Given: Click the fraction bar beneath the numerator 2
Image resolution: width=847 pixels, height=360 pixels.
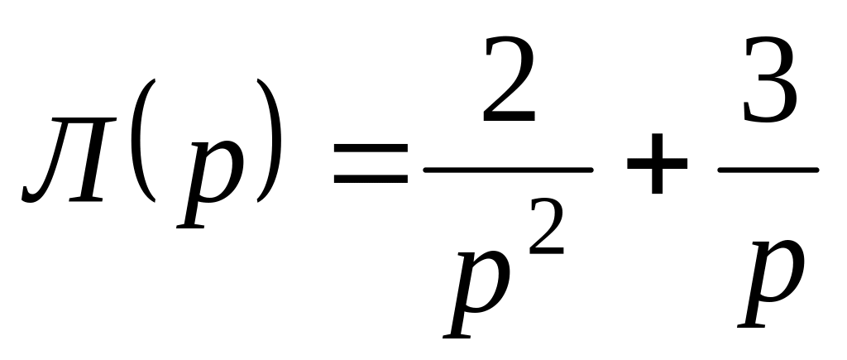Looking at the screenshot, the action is pyautogui.click(x=508, y=170).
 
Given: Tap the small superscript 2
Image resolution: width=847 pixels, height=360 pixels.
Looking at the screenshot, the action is pyautogui.click(x=545, y=236).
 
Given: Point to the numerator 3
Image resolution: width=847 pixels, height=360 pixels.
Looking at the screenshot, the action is pyautogui.click(x=770, y=83).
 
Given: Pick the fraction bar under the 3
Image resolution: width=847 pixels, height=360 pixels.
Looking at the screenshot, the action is pyautogui.click(x=768, y=170).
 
